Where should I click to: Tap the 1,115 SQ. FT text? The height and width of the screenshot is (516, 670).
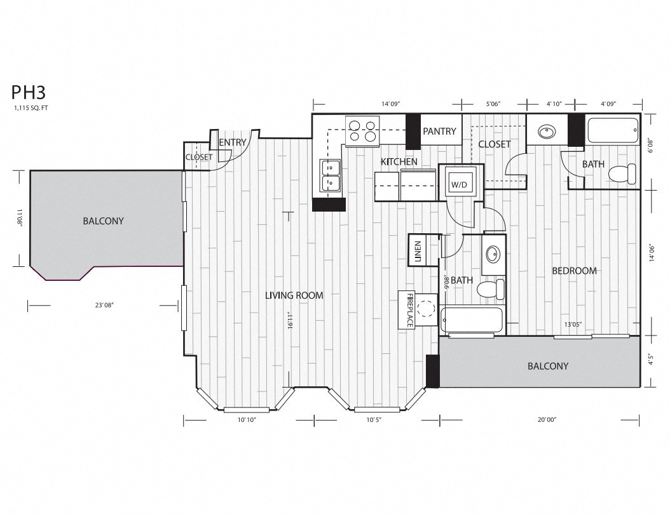click(x=31, y=108)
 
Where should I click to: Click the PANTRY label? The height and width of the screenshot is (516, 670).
click(x=439, y=132)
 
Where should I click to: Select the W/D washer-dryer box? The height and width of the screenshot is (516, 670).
click(x=459, y=184)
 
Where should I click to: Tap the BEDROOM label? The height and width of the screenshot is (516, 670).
click(x=574, y=271)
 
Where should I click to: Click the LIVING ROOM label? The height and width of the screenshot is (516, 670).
click(x=294, y=295)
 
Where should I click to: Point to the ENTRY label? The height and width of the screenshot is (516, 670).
click(x=232, y=142)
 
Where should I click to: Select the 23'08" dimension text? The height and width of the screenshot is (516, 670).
click(x=104, y=306)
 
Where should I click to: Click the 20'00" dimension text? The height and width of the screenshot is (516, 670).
click(x=546, y=420)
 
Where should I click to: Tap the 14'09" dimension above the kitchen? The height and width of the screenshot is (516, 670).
click(x=390, y=104)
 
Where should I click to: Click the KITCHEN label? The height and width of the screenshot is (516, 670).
click(x=399, y=162)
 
